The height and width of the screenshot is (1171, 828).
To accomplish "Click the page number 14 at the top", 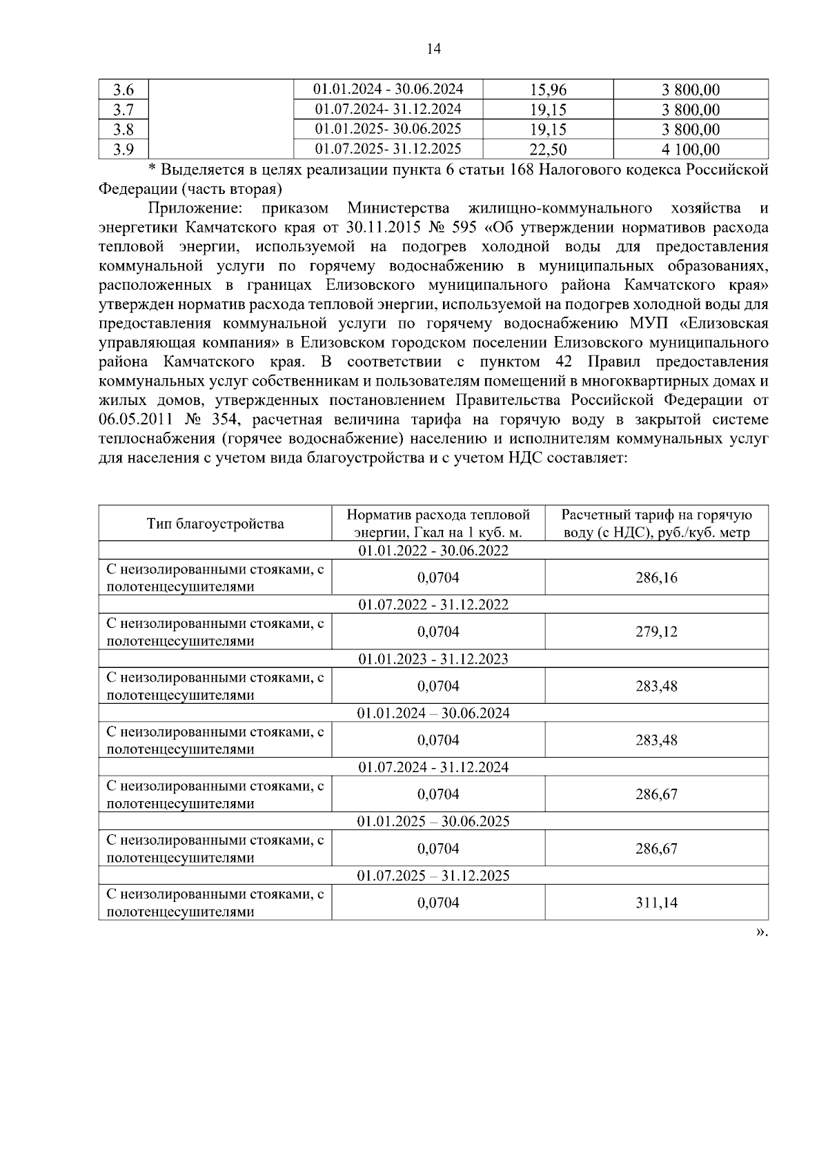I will [433, 49].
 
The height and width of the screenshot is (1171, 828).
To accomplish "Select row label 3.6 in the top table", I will [124, 90].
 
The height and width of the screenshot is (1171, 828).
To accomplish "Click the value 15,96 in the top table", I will [548, 90].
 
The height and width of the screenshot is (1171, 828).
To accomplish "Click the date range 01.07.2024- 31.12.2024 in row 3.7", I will [388, 109].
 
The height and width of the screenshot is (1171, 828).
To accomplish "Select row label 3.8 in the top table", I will [124, 130].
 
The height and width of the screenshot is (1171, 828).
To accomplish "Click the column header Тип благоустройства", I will [215, 524].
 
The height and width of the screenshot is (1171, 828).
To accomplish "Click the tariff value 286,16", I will [656, 578].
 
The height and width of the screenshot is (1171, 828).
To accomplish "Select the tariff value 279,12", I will [656, 631].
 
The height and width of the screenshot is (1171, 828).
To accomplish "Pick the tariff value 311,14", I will [656, 903].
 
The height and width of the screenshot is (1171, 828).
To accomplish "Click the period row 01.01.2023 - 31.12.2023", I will [433, 659].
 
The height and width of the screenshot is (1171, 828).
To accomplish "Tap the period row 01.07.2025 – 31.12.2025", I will [433, 876].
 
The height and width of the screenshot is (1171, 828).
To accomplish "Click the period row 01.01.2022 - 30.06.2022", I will [433, 551].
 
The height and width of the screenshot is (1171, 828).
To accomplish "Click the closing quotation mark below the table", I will [761, 932].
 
